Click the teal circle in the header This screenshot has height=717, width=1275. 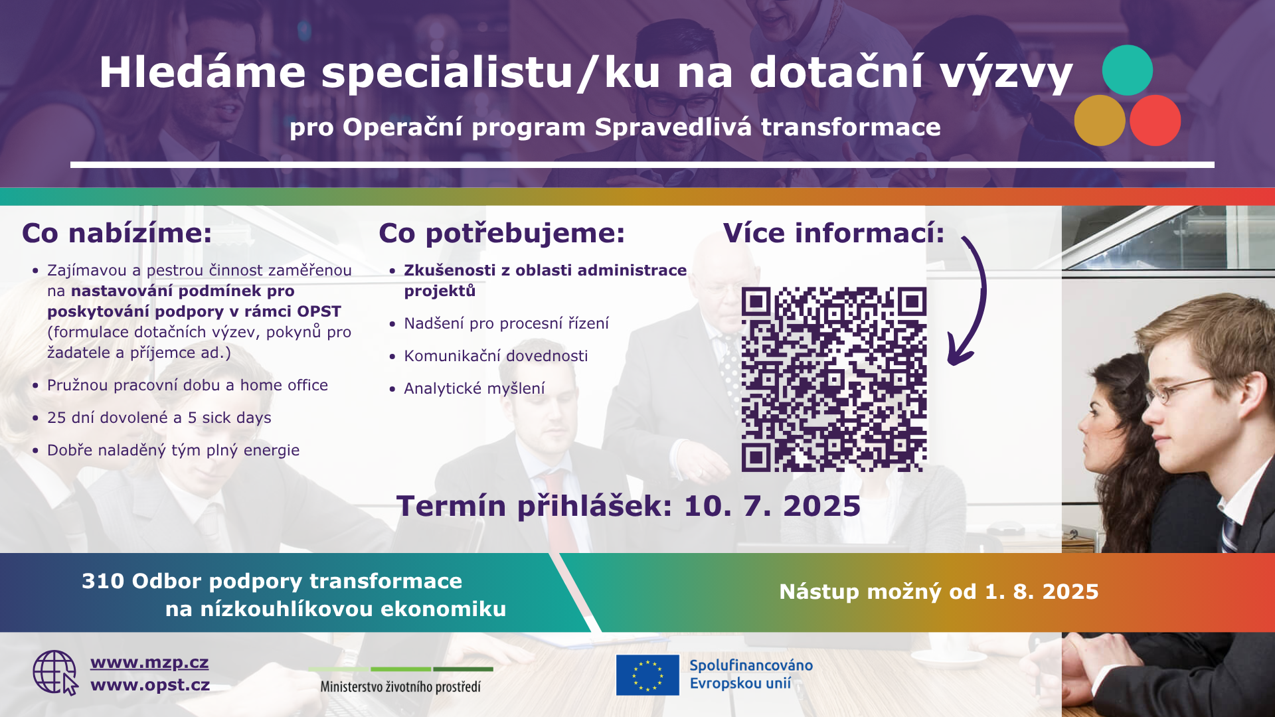pyautogui.click(x=1127, y=70)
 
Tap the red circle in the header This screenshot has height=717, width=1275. pyautogui.click(x=1155, y=120)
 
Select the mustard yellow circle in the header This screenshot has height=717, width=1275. pyautogui.click(x=1100, y=120)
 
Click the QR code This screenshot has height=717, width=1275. pyautogui.click(x=834, y=379)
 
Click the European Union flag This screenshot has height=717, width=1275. pyautogui.click(x=647, y=675)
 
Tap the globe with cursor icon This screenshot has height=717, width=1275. pyautogui.click(x=56, y=673)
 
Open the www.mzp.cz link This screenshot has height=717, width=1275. pyautogui.click(x=149, y=663)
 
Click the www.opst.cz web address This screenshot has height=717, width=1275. pyautogui.click(x=150, y=685)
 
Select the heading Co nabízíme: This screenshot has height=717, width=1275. pyautogui.click(x=117, y=233)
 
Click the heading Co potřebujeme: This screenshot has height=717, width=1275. pyautogui.click(x=502, y=234)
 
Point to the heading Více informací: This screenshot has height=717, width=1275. pyautogui.click(x=833, y=233)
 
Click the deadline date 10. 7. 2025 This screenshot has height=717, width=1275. pyautogui.click(x=772, y=506)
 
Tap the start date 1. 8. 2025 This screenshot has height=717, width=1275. pyautogui.click(x=1042, y=592)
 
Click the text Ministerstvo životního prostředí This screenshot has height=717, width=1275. pyautogui.click(x=400, y=686)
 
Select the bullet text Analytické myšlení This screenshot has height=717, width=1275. pyautogui.click(x=474, y=388)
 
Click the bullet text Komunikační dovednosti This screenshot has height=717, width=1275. pyautogui.click(x=496, y=356)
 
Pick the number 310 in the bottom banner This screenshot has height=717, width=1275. pyautogui.click(x=103, y=581)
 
